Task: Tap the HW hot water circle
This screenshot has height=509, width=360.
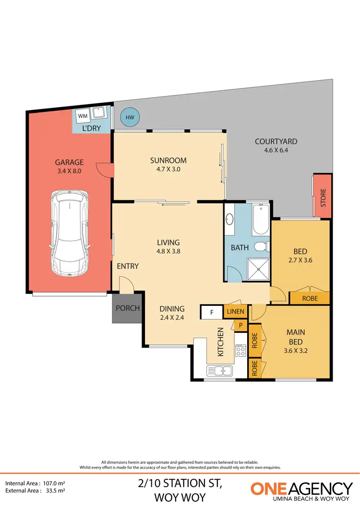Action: tap(130, 117)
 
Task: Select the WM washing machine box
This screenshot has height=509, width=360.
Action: tap(83, 116)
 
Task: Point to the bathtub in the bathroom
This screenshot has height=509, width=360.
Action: tap(261, 220)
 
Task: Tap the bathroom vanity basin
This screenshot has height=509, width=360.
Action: tap(229, 219)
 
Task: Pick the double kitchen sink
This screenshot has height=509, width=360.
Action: tap(219, 370)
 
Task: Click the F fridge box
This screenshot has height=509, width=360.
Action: tap(211, 312)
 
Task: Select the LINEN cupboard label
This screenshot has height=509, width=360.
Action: tap(236, 312)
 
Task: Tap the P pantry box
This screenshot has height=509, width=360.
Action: tap(240, 326)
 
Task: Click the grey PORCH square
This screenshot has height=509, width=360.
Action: tap(127, 308)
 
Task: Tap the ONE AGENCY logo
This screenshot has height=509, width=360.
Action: tap(301, 491)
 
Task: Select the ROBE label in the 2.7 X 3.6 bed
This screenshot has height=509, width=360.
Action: tap(310, 298)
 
